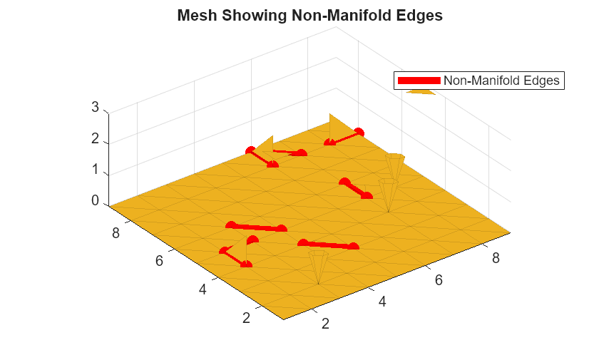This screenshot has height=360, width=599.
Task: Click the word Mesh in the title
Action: click(197, 16)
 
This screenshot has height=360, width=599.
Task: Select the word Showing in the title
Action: click(255, 16)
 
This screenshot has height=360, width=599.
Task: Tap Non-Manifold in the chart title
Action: click(341, 16)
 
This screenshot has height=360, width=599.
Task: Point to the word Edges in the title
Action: click(419, 16)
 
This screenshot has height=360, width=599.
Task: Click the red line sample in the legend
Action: click(419, 81)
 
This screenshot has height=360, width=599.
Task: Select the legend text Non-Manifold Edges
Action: click(501, 81)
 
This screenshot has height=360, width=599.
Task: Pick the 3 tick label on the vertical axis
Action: click(95, 107)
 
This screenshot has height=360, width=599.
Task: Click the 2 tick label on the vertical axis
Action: click(95, 138)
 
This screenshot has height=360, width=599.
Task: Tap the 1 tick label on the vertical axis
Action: click(95, 170)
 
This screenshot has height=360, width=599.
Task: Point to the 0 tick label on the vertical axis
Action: click(95, 200)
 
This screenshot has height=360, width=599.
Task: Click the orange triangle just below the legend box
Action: click(420, 92)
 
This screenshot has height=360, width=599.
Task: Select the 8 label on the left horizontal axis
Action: click(116, 233)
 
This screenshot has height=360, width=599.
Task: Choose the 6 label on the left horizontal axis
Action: click(159, 261)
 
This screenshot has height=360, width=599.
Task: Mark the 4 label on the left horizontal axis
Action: click(203, 289)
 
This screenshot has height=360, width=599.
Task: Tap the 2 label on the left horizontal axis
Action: click(246, 318)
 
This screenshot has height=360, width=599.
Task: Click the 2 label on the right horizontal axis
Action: click(325, 324)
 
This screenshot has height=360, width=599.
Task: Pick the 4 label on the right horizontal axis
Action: click(382, 302)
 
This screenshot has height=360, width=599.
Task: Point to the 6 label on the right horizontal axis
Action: click(439, 280)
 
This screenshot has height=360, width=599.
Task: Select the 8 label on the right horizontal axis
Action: click(496, 259)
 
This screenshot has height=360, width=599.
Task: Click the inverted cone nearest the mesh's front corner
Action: click(318, 265)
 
